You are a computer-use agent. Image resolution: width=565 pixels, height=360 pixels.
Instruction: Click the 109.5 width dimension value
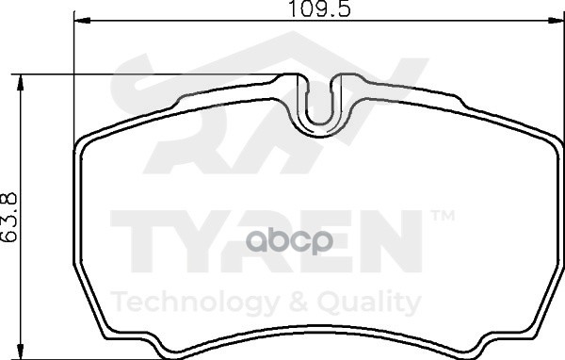[x=319, y=9]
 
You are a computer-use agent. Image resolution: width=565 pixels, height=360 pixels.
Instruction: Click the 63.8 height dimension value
[x=9, y=217]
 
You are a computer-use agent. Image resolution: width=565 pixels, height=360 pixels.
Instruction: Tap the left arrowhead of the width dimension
[x=82, y=21]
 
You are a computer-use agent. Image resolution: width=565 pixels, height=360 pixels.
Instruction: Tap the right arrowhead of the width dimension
[x=556, y=21]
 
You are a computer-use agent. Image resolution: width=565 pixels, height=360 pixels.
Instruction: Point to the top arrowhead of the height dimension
[x=21, y=83]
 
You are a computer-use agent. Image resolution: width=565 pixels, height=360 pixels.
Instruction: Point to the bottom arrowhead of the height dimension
[x=21, y=351]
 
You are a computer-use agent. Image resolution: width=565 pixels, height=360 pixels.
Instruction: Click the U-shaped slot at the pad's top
[x=319, y=105]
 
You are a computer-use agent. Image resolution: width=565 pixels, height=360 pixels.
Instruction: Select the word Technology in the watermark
[x=195, y=303]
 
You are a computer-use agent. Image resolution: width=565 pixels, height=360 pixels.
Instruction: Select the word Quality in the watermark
[x=369, y=303]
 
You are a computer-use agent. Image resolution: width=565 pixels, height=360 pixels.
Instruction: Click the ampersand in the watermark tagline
[x=299, y=302]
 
